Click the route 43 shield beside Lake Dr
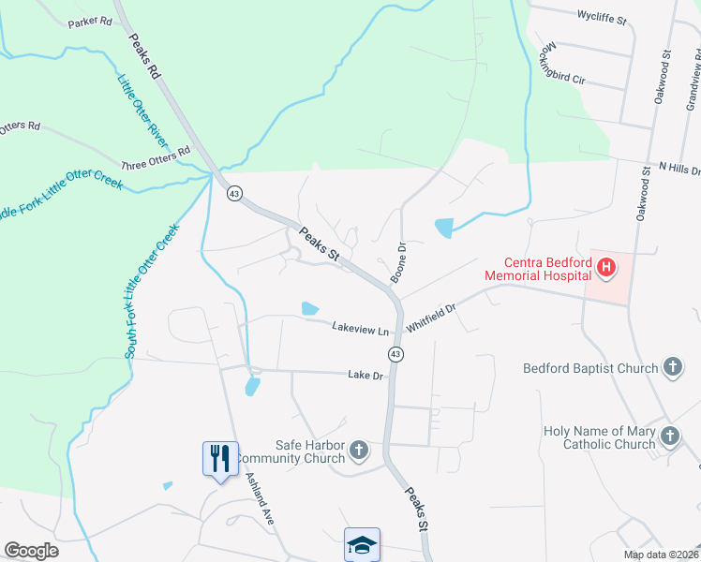(396, 353)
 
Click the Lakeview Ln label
(361, 329)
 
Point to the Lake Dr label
(366, 375)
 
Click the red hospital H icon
(606, 269)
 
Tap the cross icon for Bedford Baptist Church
(672, 368)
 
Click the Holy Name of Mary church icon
(669, 436)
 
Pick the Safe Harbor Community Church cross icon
(358, 452)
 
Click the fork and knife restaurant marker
(220, 458)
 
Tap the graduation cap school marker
(362, 543)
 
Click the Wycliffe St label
(601, 17)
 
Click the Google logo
(31, 551)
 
